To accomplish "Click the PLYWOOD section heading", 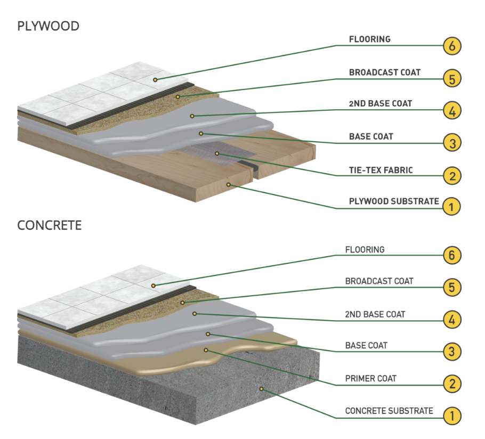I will [48, 26].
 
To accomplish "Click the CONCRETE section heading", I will [50, 225].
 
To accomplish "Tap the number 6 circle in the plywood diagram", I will [452, 46].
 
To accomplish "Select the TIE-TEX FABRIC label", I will [381, 170].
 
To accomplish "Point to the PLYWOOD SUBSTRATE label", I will [394, 201].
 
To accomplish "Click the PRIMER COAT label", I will [371, 378].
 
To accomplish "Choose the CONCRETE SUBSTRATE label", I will [389, 411].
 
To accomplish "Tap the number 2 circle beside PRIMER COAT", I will [452, 384].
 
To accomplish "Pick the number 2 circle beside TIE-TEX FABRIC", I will [452, 175].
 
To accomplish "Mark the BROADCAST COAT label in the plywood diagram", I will [385, 72].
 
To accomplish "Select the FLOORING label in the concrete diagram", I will [365, 249].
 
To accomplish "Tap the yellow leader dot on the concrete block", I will [262, 389].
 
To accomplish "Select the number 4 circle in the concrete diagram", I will [452, 320].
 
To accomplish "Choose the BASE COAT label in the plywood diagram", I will [371, 136].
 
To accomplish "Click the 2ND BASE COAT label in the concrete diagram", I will [375, 314].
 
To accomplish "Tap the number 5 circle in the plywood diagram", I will [452, 79].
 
